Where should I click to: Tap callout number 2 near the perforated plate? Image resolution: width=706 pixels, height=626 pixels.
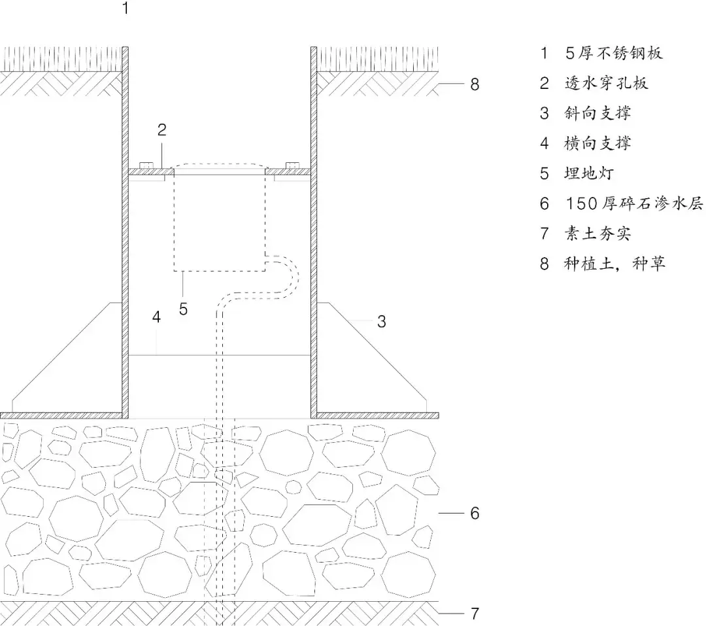161,130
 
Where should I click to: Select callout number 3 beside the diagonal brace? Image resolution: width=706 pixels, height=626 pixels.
382,321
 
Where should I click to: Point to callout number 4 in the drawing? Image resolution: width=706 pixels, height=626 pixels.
156,318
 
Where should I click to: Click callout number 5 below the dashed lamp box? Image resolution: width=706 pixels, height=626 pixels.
183,308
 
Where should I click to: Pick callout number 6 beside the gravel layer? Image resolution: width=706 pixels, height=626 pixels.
475,513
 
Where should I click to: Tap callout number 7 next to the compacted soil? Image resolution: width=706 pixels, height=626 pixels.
475,614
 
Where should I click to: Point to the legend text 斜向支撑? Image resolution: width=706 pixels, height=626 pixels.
597,113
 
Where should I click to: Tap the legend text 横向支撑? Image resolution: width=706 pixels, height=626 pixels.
597,143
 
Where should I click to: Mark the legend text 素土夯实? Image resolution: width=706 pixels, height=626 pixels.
597,234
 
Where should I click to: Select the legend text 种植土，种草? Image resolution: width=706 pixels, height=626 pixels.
614,264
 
